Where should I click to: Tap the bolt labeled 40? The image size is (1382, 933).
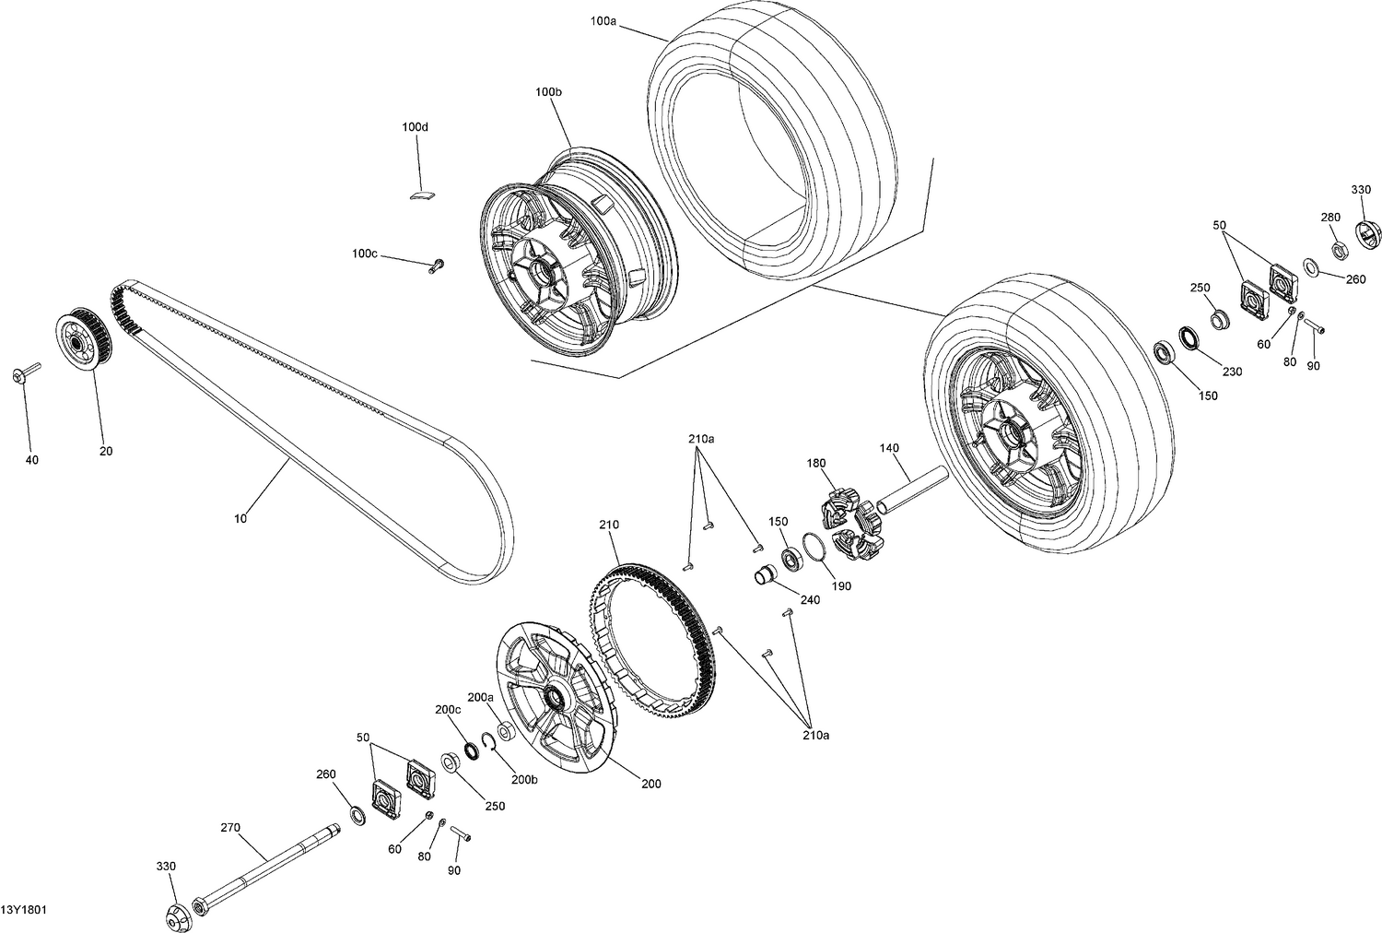point(26,373)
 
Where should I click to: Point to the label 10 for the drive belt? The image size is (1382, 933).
point(240,519)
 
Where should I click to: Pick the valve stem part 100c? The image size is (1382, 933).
point(435,266)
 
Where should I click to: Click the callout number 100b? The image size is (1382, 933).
point(547,91)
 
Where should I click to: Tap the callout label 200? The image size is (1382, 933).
point(651,785)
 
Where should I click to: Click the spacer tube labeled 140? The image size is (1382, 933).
point(912,490)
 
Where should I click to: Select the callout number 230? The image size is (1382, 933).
point(1232,372)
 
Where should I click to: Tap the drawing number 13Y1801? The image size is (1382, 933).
point(24,910)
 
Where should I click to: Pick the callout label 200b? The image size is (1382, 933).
point(524,779)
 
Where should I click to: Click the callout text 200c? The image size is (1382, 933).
point(448,709)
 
